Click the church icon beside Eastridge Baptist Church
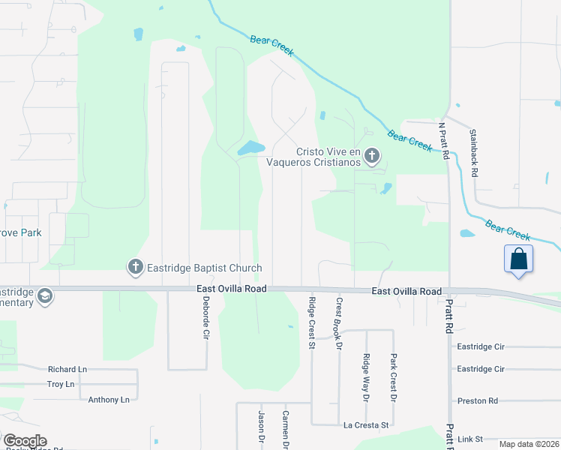click(x=135, y=267)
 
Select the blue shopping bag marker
click(x=519, y=259)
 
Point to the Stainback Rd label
click(x=473, y=153)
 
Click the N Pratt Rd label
click(x=443, y=141)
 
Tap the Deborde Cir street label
click(x=205, y=318)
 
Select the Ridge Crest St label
click(x=311, y=323)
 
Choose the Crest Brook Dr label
click(x=339, y=324)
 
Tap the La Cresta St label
click(x=366, y=425)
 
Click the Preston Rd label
click(x=478, y=401)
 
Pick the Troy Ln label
click(x=61, y=384)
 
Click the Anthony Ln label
click(x=109, y=400)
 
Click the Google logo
click(x=25, y=441)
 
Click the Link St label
click(x=471, y=438)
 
